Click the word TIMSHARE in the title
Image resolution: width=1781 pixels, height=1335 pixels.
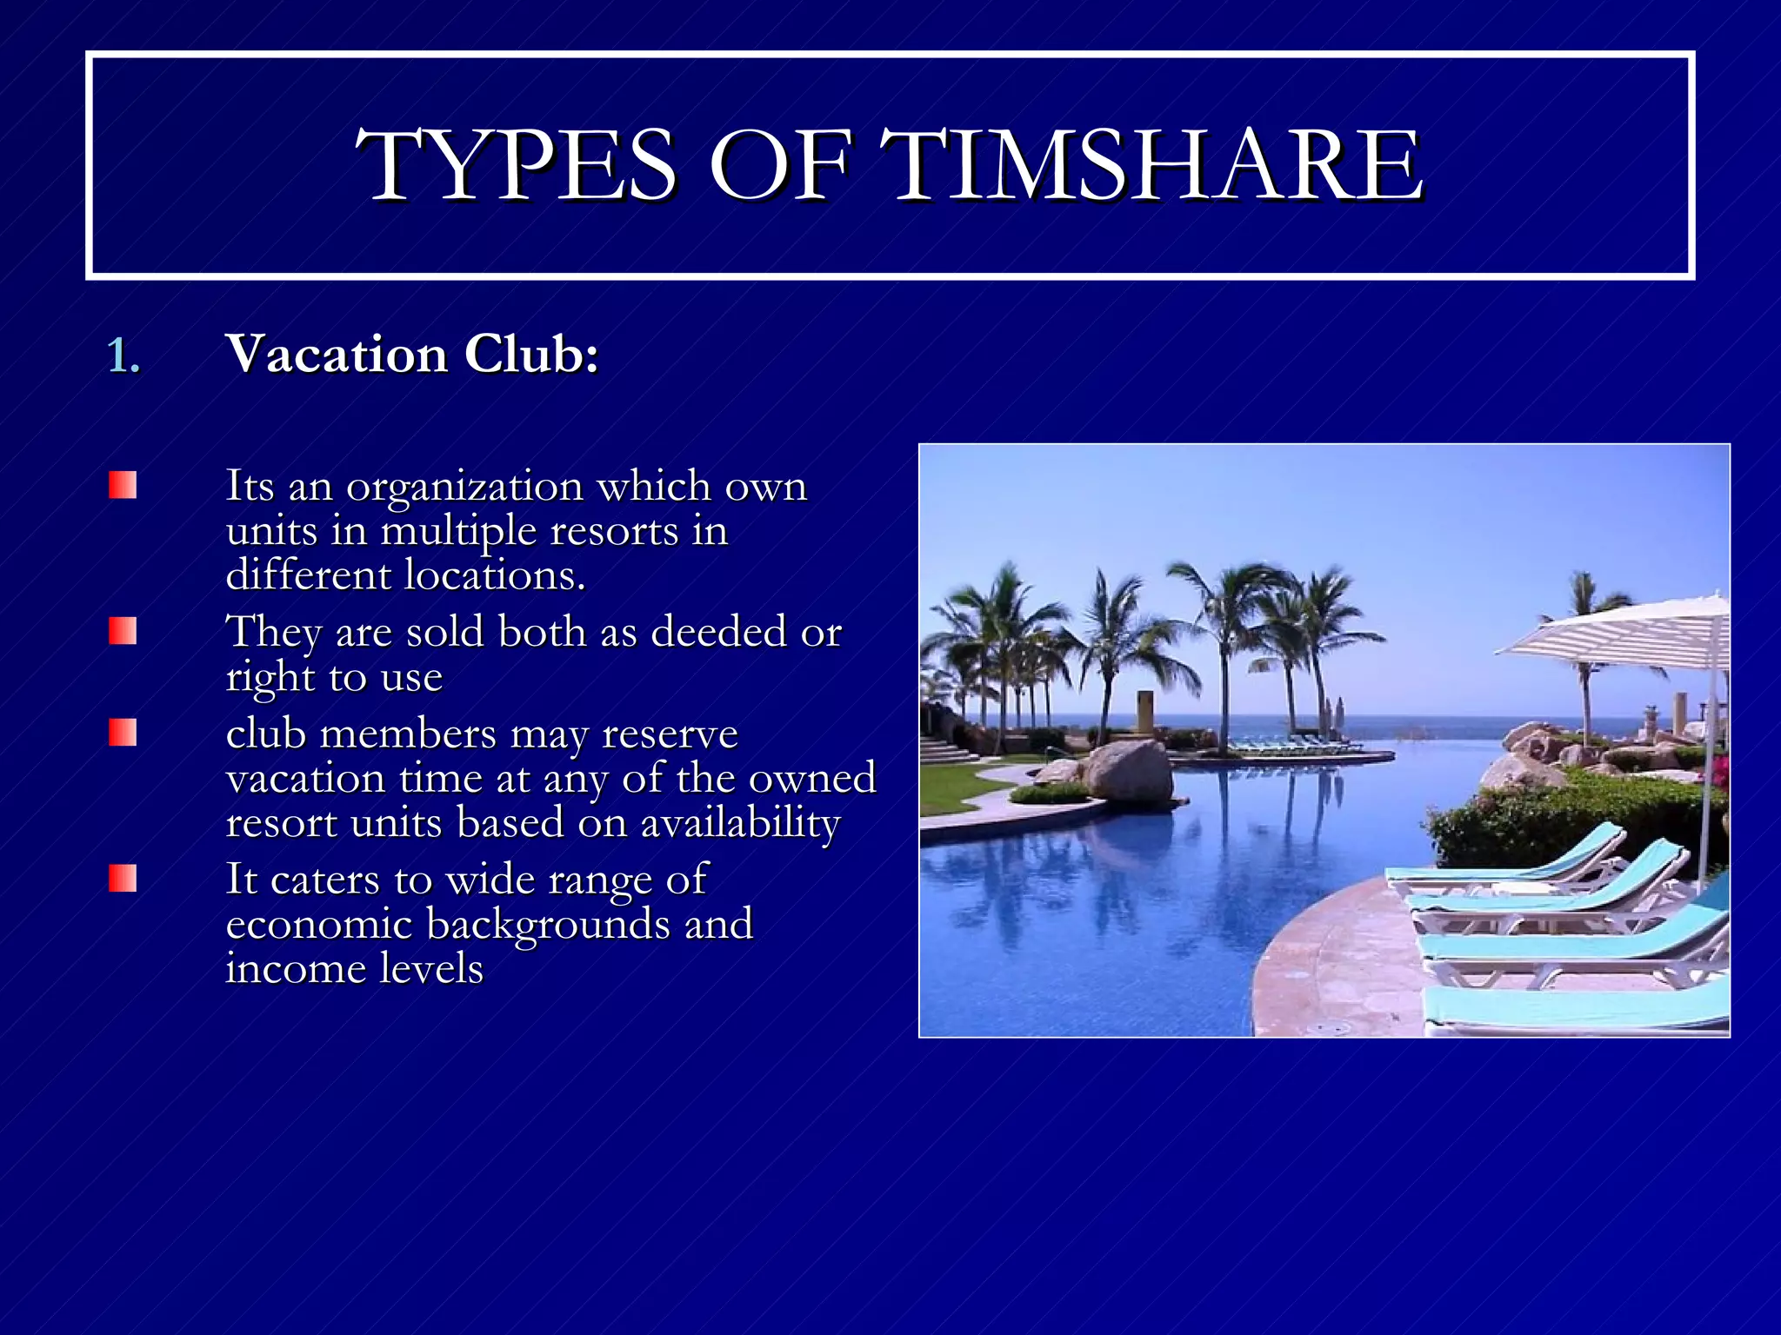pos(1152,165)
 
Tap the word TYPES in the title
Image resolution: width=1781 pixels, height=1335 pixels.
pos(516,165)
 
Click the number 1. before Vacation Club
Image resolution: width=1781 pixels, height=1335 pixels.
pos(123,356)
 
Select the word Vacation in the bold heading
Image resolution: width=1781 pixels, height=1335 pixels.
pos(337,355)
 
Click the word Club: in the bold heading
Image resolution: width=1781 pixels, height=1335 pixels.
pos(531,355)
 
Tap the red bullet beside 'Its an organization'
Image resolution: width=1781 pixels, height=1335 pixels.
pos(123,485)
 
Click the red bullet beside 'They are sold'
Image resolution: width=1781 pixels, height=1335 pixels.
pos(123,631)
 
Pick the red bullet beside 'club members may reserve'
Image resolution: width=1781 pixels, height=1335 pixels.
pos(123,733)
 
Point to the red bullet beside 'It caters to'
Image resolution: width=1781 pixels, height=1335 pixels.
pos(123,878)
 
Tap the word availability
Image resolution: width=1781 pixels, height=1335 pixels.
pos(740,823)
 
